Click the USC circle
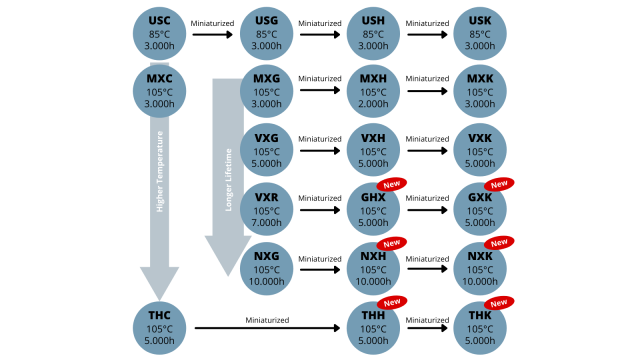[159, 33]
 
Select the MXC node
[159, 91]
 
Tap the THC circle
[159, 328]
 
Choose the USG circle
[267, 33]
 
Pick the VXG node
[267, 151]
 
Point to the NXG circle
[267, 268]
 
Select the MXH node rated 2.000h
[373, 91]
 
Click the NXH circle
[373, 268]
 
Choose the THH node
[373, 328]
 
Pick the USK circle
[480, 33]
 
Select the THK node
[480, 328]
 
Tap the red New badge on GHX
[392, 185]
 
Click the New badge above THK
[499, 302]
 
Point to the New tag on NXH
[392, 243]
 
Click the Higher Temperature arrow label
[160, 171]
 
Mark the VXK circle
[480, 151]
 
